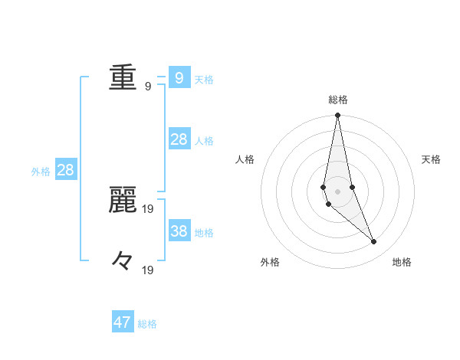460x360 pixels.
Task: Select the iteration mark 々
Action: [x=123, y=260]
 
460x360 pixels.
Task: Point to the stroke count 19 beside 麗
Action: [x=148, y=208]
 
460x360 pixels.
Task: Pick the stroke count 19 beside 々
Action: [x=148, y=270]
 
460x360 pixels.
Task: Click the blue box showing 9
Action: [x=179, y=77]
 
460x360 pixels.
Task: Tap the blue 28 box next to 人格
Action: [x=179, y=139]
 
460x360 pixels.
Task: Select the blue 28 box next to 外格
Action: [x=65, y=170]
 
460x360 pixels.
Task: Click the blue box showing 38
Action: [x=179, y=231]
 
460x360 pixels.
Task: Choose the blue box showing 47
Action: [x=123, y=322]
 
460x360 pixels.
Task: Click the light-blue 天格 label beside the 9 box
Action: [x=204, y=80]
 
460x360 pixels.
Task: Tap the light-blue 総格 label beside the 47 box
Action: [x=147, y=325]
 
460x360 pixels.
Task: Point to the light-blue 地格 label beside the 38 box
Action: [x=204, y=233]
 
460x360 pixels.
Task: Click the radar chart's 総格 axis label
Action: [x=338, y=100]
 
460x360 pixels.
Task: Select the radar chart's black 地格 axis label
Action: [x=402, y=263]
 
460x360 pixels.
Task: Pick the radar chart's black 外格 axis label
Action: [x=270, y=263]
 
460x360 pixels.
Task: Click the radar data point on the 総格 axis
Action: [x=337, y=116]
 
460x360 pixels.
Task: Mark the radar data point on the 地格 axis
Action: [x=374, y=242]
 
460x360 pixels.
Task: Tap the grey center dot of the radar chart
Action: [x=337, y=191]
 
